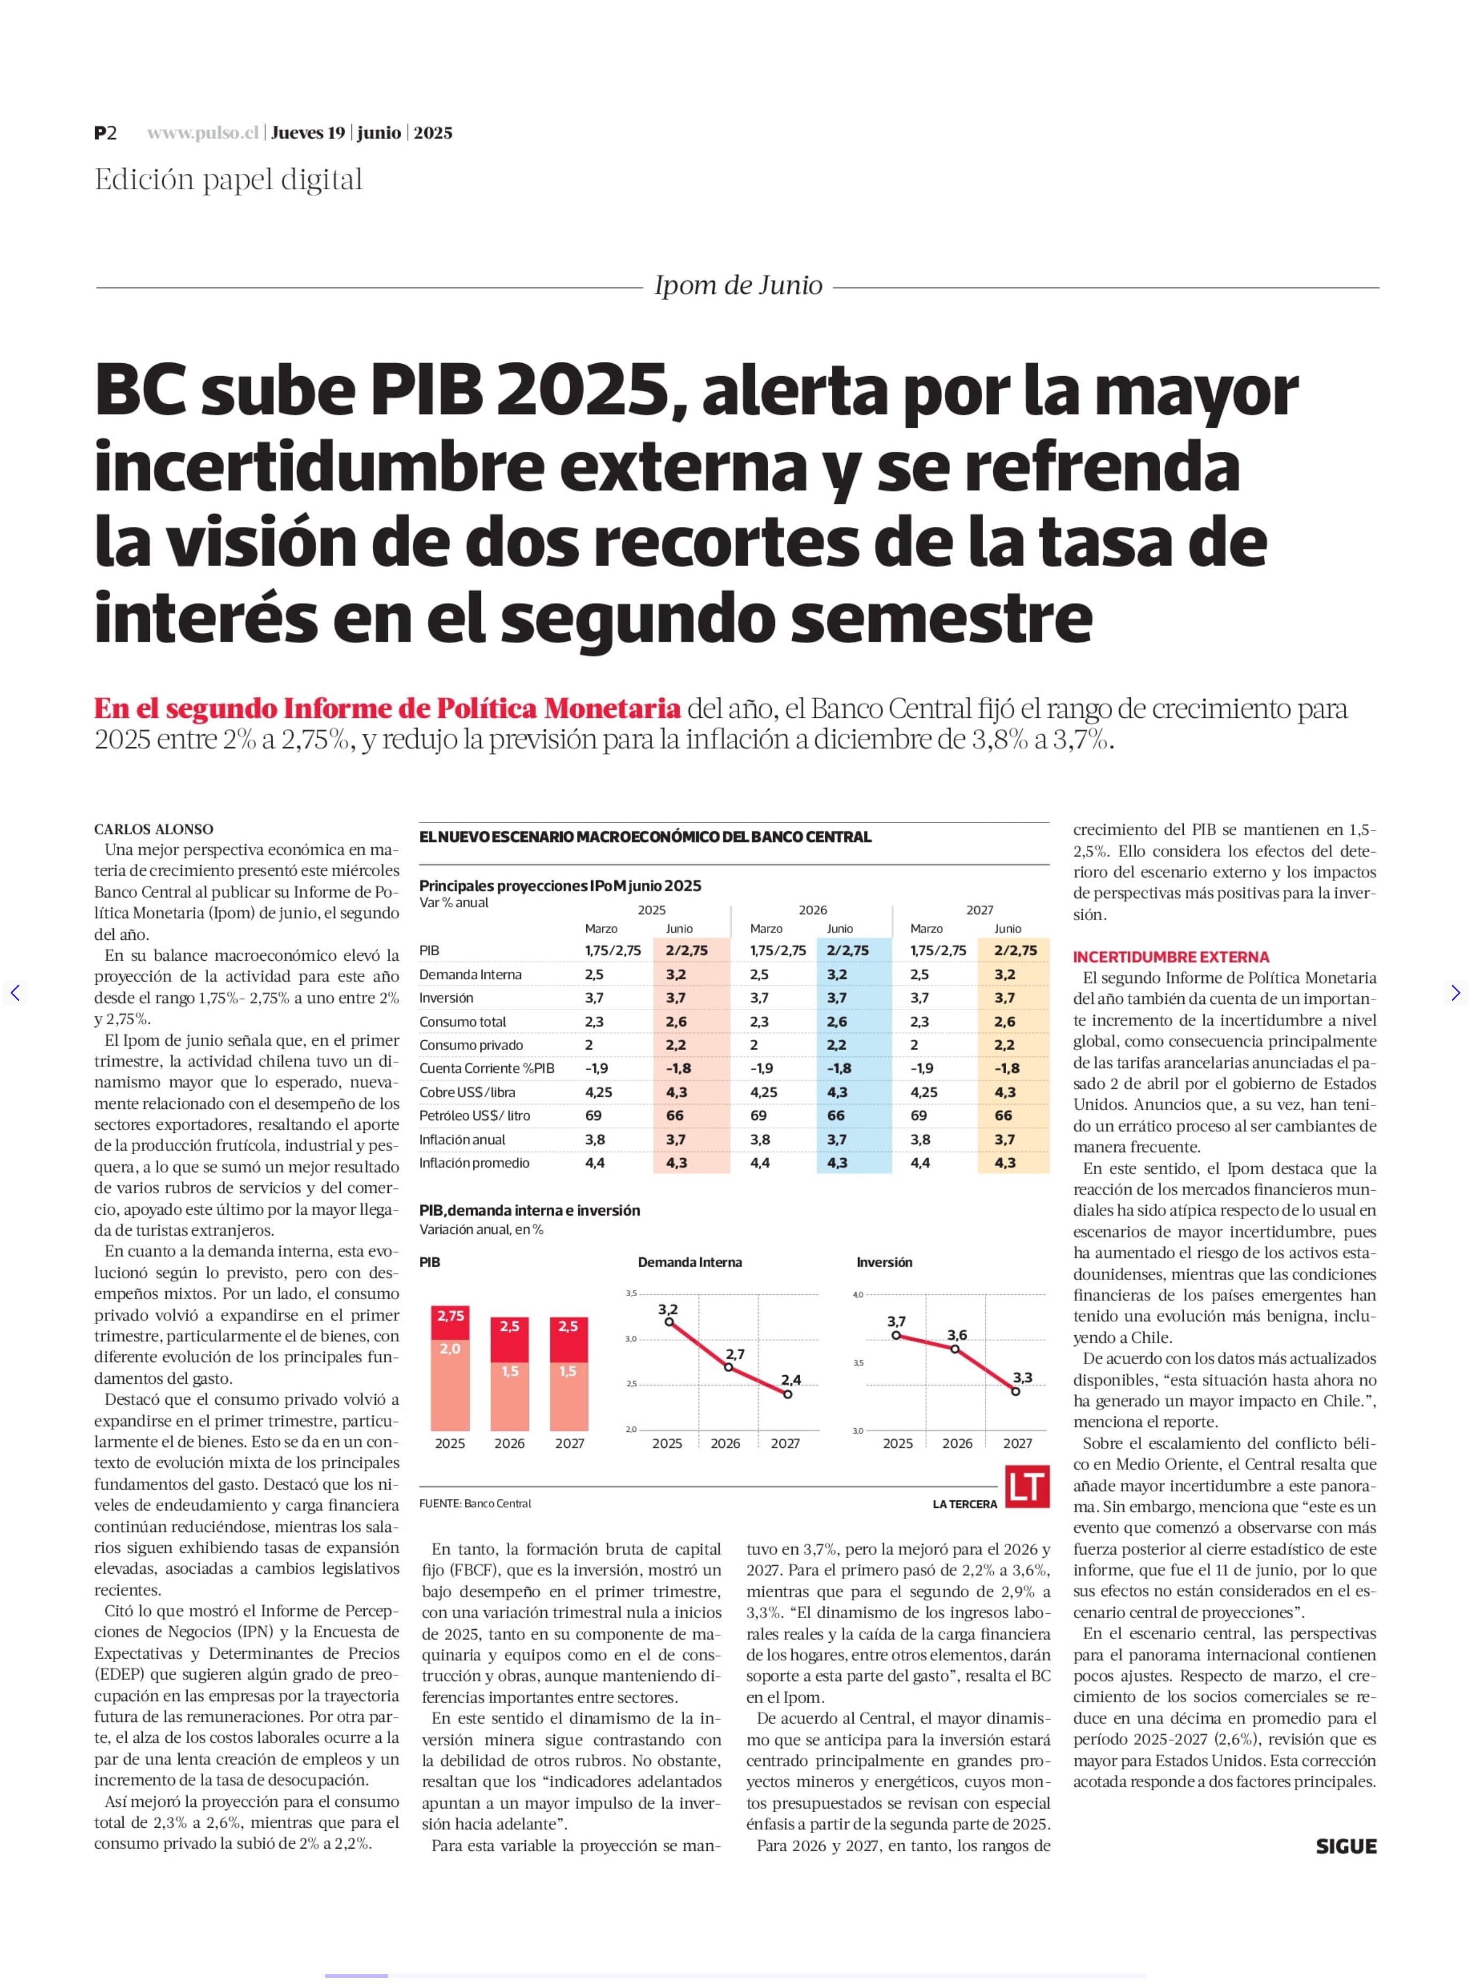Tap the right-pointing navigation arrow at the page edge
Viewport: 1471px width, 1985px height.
(1455, 993)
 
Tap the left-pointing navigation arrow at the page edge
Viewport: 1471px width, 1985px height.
(15, 993)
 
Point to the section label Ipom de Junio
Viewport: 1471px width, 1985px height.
(738, 286)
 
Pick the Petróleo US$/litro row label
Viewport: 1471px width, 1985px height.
(474, 1116)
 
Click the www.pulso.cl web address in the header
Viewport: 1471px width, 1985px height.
(203, 133)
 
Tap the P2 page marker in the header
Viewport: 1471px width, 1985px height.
(105, 133)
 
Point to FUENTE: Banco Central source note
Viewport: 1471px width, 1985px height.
(474, 1503)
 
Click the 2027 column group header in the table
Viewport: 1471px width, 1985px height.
(979, 909)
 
